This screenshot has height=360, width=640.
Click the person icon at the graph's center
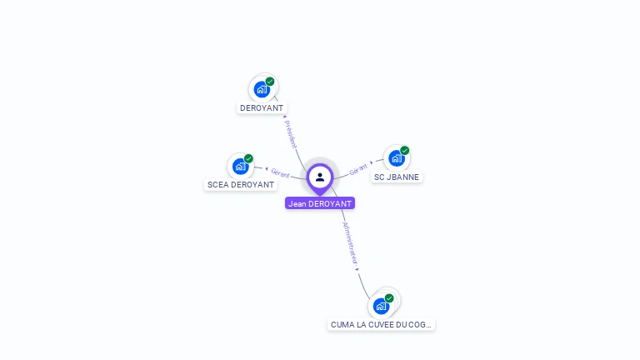point(320,177)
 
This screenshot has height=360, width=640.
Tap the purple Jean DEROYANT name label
point(320,203)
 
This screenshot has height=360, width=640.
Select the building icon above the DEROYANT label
point(262,89)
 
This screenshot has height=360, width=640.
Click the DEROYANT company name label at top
point(262,108)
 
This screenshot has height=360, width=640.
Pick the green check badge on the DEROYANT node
point(270,82)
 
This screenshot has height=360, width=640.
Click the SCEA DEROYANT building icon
point(240,166)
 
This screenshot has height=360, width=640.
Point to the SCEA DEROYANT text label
point(240,185)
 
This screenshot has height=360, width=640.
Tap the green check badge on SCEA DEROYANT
point(248,158)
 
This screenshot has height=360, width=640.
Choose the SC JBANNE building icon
point(396,158)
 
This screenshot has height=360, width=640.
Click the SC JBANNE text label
point(397,177)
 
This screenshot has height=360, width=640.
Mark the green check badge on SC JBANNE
point(404,151)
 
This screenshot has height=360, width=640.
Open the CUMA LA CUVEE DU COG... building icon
point(381,306)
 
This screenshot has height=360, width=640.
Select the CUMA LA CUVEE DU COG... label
point(382,324)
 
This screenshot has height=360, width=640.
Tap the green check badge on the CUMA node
point(389,298)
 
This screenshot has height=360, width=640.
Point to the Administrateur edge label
point(351,242)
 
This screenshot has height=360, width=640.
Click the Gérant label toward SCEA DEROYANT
point(280,173)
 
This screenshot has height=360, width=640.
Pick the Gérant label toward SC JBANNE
point(358,167)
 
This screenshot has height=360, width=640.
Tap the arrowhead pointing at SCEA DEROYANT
point(266,170)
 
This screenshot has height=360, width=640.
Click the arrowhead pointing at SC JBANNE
point(372,162)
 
